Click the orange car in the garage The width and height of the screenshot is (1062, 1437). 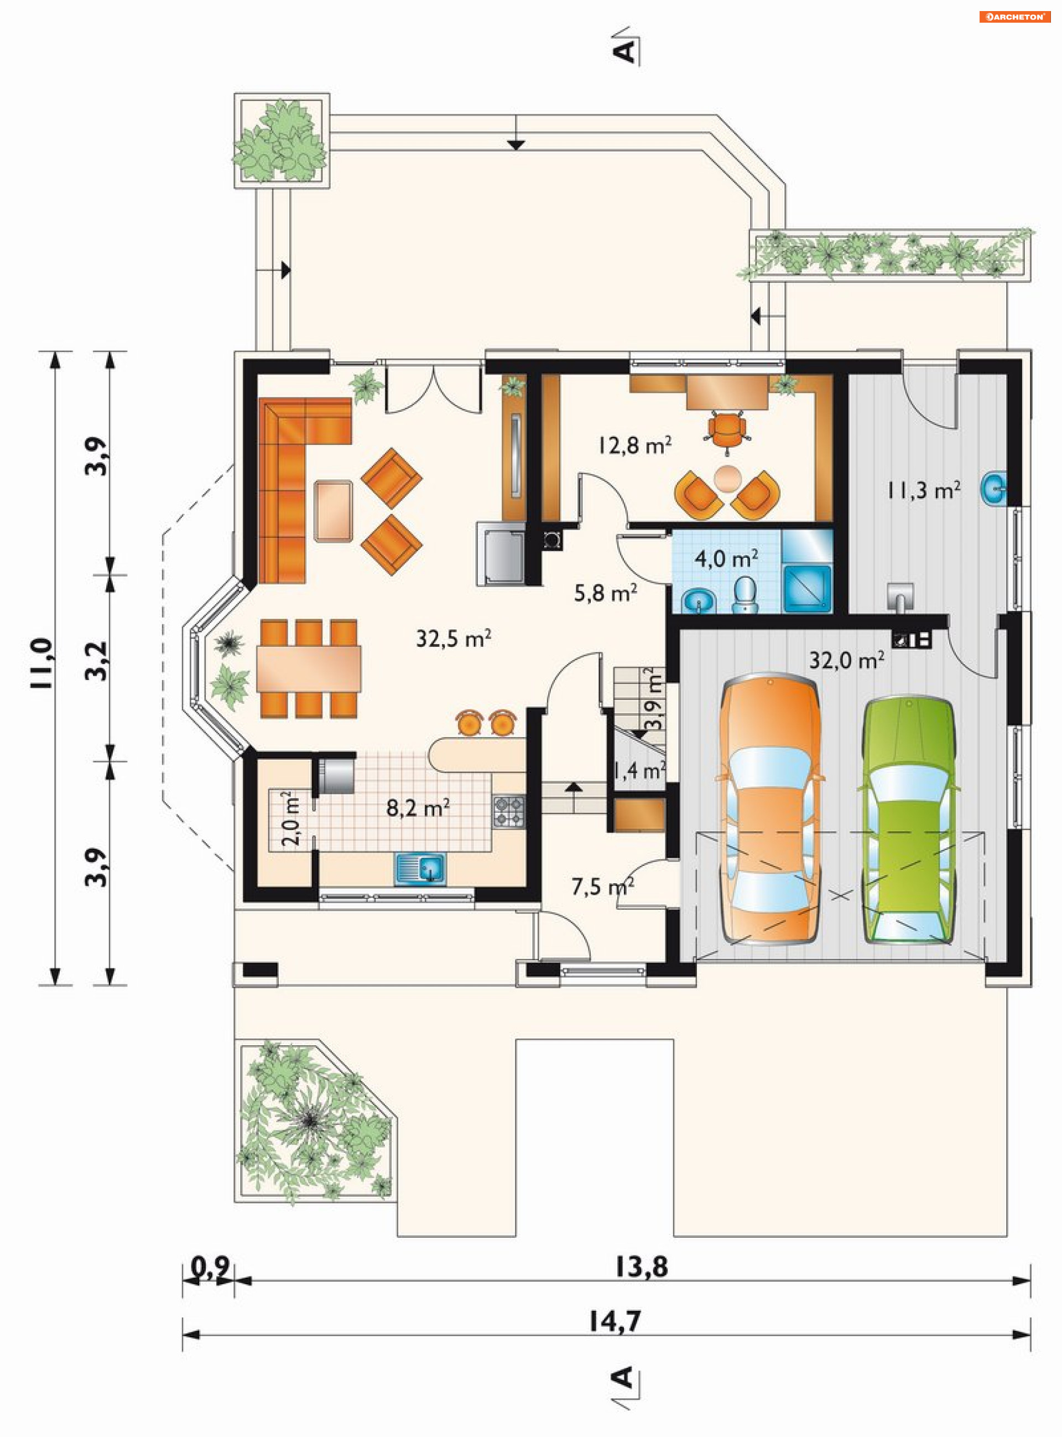click(x=769, y=810)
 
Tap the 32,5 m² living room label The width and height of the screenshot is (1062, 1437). click(x=454, y=638)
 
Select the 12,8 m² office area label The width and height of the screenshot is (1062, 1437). click(x=635, y=444)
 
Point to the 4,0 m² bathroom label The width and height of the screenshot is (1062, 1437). click(x=726, y=558)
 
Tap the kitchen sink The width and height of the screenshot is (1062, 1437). click(x=420, y=869)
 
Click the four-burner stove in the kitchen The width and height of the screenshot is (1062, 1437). click(x=508, y=811)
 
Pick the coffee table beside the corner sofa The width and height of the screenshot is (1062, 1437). click(x=333, y=511)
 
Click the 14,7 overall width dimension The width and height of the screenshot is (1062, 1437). click(x=615, y=1321)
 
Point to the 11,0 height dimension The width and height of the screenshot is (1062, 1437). click(x=40, y=663)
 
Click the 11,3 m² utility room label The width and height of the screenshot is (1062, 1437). click(x=924, y=491)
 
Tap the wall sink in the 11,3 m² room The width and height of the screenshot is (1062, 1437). click(x=994, y=489)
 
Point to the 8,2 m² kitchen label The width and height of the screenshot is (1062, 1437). click(x=418, y=807)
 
